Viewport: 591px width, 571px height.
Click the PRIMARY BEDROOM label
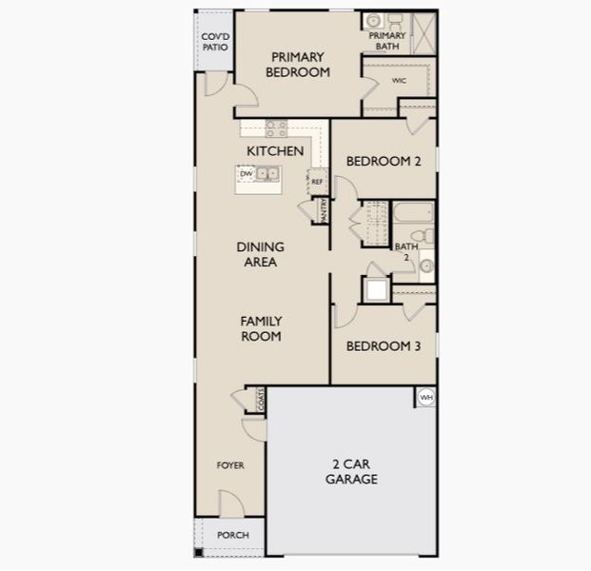[x=298, y=64]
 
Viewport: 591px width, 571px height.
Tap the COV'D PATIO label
[x=214, y=43]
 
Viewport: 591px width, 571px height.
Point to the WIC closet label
[x=399, y=81]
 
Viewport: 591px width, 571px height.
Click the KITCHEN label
[x=275, y=151]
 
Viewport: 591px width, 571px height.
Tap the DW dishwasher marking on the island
[x=246, y=174]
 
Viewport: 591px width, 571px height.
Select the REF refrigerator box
[x=317, y=181]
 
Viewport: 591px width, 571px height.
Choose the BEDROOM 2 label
[x=383, y=162]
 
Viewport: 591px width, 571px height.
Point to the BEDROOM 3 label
[x=383, y=346]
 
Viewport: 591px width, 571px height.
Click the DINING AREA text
[x=260, y=254]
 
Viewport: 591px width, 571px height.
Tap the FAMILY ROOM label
[x=260, y=329]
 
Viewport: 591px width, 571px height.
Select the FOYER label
[x=230, y=465]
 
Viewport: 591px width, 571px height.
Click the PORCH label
[x=232, y=536]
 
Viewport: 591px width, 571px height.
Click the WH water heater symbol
[x=425, y=397]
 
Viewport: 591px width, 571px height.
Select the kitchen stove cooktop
[x=276, y=128]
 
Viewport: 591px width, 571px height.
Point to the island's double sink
[x=268, y=174]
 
